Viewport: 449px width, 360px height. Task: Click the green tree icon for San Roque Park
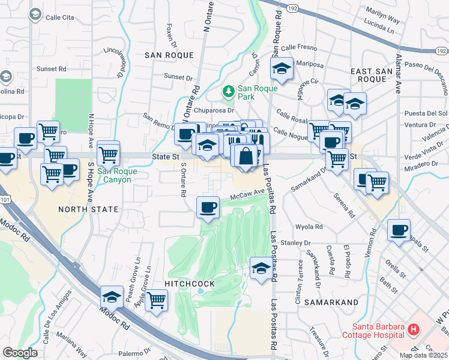tap(228, 91)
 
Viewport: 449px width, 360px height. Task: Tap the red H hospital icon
tap(413, 329)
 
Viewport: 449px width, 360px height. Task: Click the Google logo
tap(20, 353)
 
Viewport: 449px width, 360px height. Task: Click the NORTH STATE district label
tap(83, 209)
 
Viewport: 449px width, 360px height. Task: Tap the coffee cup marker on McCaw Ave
tap(208, 208)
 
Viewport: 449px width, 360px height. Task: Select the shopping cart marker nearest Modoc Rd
tap(156, 299)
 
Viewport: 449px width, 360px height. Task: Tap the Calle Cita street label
tap(61, 17)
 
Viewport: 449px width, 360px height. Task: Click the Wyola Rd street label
tap(309, 227)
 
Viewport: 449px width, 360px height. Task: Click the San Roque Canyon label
tap(118, 175)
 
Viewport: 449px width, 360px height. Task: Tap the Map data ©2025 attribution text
tap(423, 355)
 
